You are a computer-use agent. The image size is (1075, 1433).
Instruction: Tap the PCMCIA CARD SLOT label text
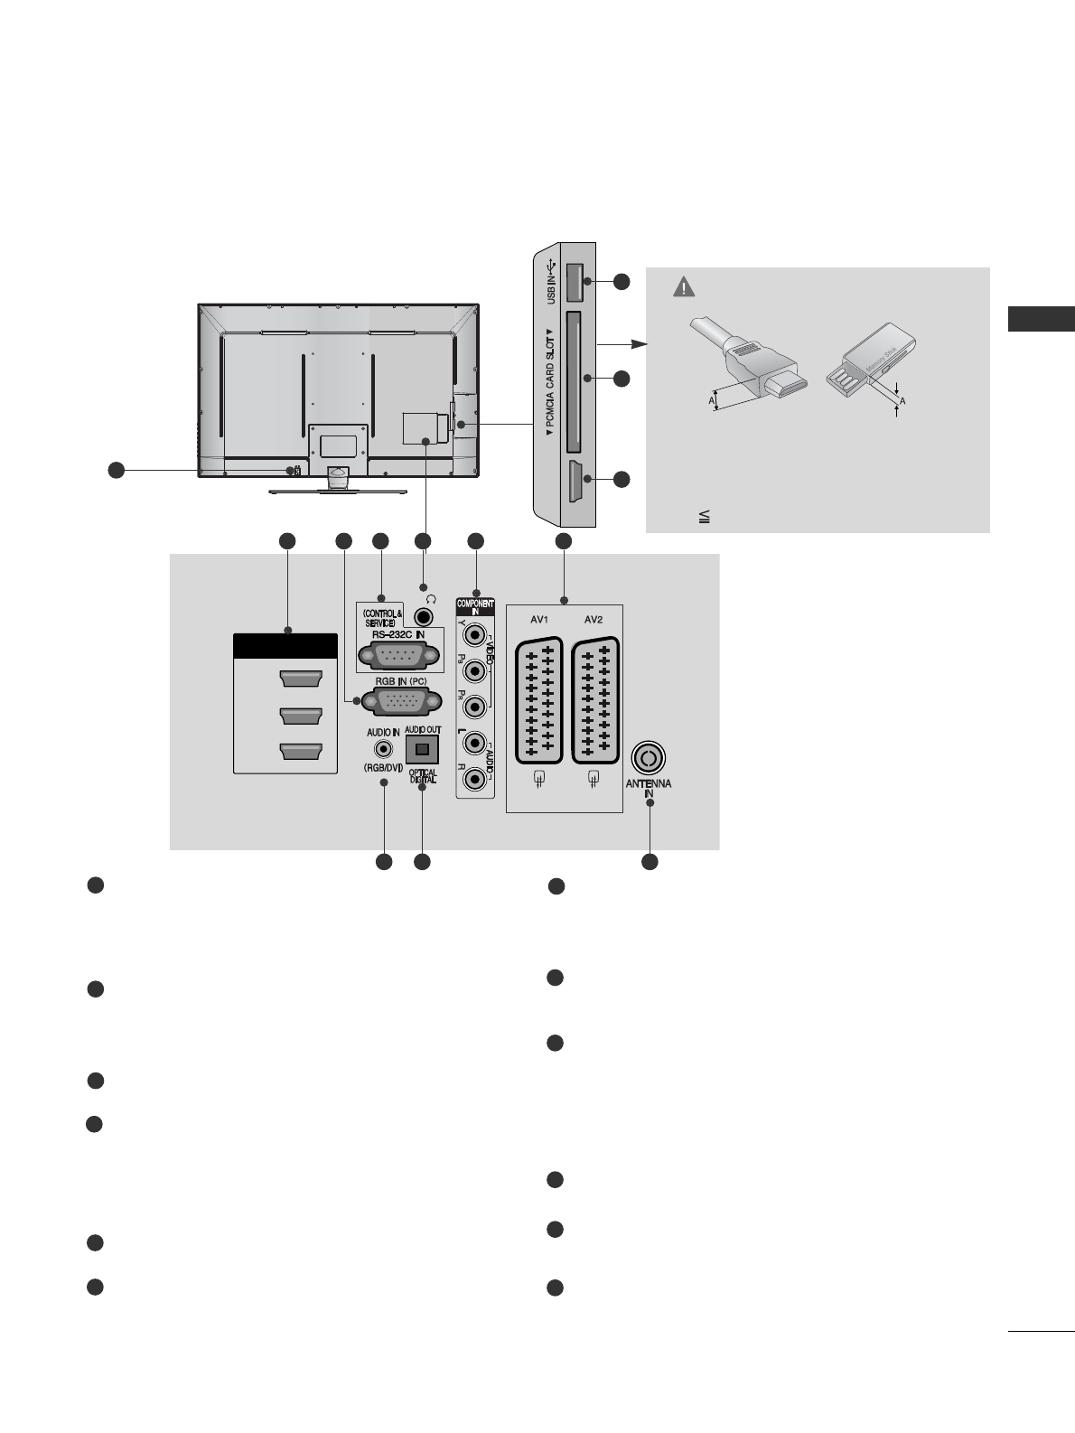click(x=549, y=382)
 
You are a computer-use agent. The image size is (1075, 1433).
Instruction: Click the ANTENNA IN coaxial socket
click(x=649, y=756)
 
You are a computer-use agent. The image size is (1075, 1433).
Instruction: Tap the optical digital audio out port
click(x=422, y=747)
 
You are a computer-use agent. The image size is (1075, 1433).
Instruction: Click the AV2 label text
click(x=593, y=621)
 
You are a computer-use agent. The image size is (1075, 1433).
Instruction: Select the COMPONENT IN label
click(x=476, y=605)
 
